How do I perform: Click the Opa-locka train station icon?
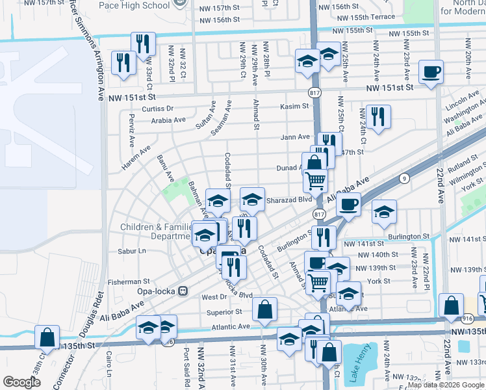[x=184, y=290]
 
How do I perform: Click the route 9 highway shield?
[x=404, y=177]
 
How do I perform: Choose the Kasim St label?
[x=294, y=107]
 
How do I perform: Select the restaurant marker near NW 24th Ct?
[x=377, y=116]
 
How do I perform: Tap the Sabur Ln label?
[x=132, y=250]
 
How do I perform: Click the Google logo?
[x=21, y=382]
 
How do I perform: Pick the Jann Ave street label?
[x=295, y=137]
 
